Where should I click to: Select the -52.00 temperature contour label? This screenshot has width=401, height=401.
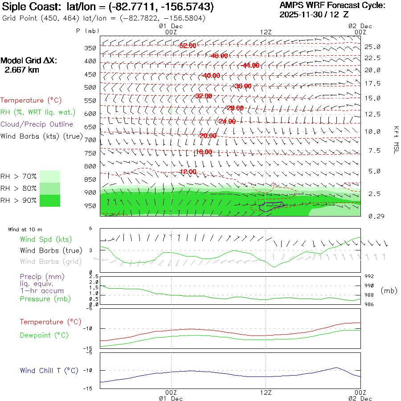[187, 46]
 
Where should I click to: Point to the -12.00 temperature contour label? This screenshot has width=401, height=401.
[187, 172]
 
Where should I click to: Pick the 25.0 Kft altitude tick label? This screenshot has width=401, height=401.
[372, 47]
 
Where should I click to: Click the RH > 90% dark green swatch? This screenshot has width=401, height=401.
[50, 200]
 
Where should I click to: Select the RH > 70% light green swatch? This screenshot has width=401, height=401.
[50, 176]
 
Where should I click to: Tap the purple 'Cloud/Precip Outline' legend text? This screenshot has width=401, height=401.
[37, 124]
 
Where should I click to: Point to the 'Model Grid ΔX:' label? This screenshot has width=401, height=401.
[29, 61]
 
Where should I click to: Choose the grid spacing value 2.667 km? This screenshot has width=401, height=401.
[21, 70]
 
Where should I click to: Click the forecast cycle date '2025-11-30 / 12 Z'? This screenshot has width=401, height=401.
[314, 14]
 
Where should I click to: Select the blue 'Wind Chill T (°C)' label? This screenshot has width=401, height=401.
[49, 371]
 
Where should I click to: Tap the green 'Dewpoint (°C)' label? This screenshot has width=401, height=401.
[44, 335]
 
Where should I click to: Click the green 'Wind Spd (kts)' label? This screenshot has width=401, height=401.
[45, 240]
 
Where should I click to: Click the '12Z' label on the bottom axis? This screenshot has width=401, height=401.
[266, 393]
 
